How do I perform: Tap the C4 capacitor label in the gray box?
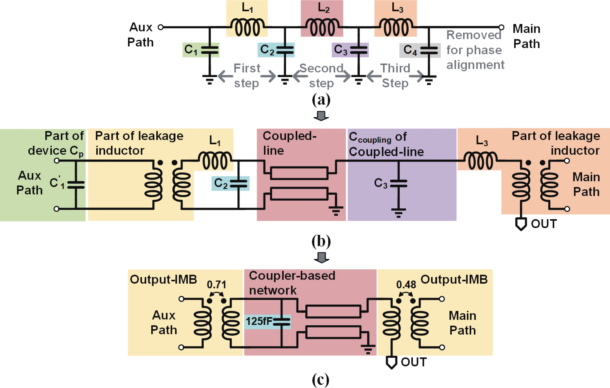click(x=410, y=50)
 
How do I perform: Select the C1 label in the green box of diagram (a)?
click(x=191, y=49)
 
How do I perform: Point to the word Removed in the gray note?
click(x=474, y=35)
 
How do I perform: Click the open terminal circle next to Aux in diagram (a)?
click(x=161, y=27)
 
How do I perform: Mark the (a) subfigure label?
click(x=321, y=100)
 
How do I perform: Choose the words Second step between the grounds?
click(x=321, y=76)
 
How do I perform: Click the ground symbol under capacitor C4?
click(x=429, y=80)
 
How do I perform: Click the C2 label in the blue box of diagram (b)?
click(x=221, y=183)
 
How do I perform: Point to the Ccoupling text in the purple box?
click(x=370, y=137)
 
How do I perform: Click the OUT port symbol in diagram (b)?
click(x=521, y=224)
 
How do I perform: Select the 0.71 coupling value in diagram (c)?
click(x=216, y=285)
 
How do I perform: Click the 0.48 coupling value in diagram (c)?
click(x=406, y=285)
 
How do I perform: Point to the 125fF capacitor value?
click(x=259, y=321)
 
